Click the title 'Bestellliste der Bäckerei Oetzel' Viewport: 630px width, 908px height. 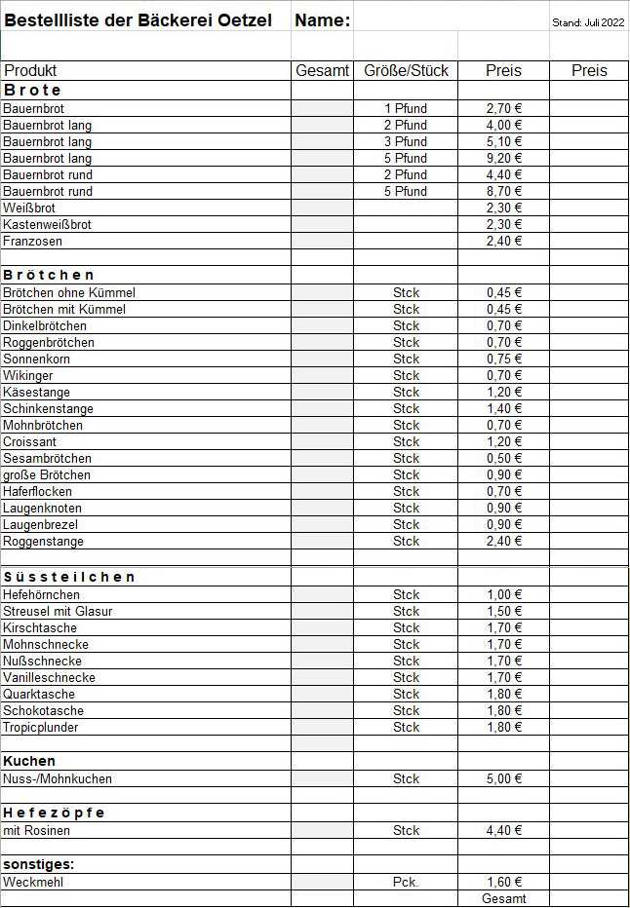(x=144, y=20)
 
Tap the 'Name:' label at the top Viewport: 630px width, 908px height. (x=322, y=20)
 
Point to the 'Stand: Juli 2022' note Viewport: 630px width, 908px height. (x=588, y=22)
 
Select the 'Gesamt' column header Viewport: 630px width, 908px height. (x=322, y=70)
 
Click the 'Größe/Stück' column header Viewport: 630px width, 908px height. (x=406, y=70)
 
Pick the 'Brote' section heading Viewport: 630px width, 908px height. (x=33, y=90)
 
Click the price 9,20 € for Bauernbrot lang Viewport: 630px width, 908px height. (x=504, y=158)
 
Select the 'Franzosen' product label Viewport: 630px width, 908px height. (x=31, y=241)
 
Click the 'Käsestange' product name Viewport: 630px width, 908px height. (x=36, y=392)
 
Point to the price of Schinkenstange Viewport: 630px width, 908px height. (x=504, y=408)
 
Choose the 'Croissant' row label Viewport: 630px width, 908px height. (x=30, y=441)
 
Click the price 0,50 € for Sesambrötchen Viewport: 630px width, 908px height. (x=504, y=458)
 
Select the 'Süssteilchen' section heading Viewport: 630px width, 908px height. (x=69, y=577)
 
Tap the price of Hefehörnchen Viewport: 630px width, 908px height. (x=504, y=594)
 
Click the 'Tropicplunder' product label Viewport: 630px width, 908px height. (x=41, y=727)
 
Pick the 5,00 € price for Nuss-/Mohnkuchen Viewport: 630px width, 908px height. (x=504, y=778)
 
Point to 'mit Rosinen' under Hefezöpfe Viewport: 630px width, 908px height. (x=37, y=831)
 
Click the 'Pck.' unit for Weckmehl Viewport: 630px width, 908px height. (x=406, y=883)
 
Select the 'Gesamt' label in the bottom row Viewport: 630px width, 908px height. (x=504, y=899)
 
